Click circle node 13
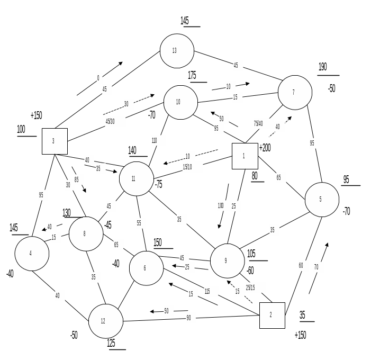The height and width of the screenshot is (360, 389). coord(177,51)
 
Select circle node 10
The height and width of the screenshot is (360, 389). coord(180,102)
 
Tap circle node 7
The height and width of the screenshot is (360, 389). coord(295,93)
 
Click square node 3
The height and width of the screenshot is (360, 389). coord(55,141)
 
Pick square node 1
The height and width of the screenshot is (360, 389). coord(245,156)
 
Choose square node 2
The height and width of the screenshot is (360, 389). coord(272,315)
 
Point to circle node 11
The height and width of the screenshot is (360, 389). coord(137,179)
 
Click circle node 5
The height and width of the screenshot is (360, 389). coord(322,200)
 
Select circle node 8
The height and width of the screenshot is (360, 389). coord(86,233)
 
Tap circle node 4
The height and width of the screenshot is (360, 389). coord(32,254)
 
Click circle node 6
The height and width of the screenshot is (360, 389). coord(146,268)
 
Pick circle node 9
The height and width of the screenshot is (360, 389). coord(227,261)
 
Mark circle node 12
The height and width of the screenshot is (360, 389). coord(105,321)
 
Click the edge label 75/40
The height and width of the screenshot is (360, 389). coord(259,123)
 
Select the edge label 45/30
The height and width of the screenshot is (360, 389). coord(114,121)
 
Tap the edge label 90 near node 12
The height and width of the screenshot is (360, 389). coord(189,318)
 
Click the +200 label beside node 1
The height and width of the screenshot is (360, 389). coord(266,148)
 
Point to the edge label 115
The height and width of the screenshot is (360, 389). coord(208,291)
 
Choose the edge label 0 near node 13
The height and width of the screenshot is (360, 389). coord(98,78)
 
